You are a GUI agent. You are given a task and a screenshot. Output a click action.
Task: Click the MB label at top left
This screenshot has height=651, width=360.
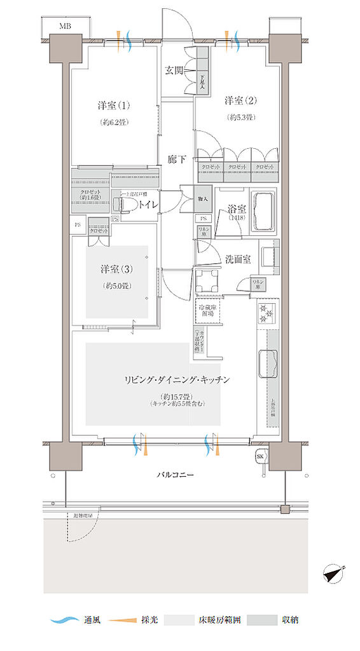[65, 26]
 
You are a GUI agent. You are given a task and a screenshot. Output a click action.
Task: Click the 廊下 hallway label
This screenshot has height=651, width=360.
[177, 160]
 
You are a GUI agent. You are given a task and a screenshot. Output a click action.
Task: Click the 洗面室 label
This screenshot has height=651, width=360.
[238, 259]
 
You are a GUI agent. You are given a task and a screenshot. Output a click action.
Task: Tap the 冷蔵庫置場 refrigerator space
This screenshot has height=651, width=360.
[207, 311]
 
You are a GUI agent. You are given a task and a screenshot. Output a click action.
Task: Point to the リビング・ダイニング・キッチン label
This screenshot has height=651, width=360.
[177, 380]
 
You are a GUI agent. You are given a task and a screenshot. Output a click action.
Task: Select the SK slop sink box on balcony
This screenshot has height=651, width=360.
[260, 457]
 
